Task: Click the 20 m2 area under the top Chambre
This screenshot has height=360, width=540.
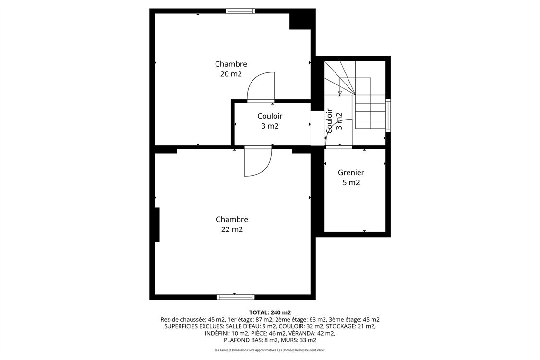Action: point(231,74)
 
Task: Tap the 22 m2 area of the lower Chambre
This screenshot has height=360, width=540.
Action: point(232,229)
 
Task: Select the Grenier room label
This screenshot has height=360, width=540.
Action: point(351,172)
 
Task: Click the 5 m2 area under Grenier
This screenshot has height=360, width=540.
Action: point(351,182)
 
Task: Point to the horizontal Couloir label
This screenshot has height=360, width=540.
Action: point(270,116)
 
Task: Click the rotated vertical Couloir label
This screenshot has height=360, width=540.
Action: point(330,121)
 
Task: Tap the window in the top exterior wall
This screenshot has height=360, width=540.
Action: point(240,11)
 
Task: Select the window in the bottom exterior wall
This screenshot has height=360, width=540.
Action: point(236,297)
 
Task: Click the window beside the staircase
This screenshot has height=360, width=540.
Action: point(388,115)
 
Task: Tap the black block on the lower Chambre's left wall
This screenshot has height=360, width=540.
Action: point(156,225)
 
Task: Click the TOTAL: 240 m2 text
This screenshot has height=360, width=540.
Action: point(270,312)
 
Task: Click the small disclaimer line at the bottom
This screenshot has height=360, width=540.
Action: point(270,350)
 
